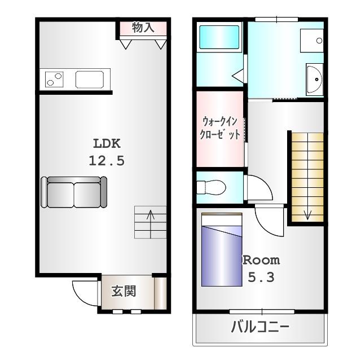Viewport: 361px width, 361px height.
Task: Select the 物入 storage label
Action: pos(143,27)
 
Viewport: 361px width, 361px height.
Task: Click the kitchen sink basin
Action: pos(92,80)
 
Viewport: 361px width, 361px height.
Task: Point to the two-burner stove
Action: pos(54,80)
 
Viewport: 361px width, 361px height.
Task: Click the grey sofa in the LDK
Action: pos(74,192)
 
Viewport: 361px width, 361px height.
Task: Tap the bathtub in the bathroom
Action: pos(219,38)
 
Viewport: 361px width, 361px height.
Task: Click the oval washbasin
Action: pos(314,79)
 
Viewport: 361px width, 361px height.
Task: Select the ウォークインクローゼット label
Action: pos(221,128)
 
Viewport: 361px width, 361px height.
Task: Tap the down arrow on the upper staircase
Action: pos(308,214)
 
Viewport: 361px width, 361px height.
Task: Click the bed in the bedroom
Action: pos(222,249)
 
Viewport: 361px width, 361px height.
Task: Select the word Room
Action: pos(261,260)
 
